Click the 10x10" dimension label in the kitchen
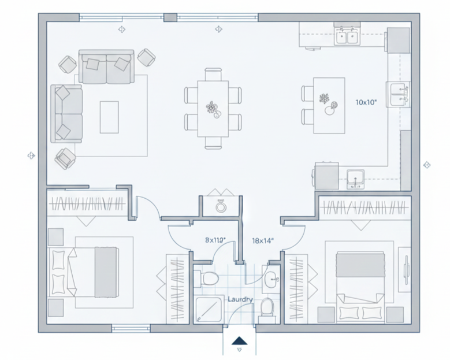(366, 102)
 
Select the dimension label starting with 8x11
(214, 239)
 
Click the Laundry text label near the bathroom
(240, 299)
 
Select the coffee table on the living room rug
(109, 117)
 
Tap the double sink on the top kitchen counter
(347, 38)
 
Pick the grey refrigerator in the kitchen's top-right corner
(398, 39)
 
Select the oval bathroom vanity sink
(271, 279)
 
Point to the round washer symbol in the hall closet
(221, 205)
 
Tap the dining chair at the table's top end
(213, 74)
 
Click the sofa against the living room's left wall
(66, 113)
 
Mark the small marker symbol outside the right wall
(427, 165)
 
